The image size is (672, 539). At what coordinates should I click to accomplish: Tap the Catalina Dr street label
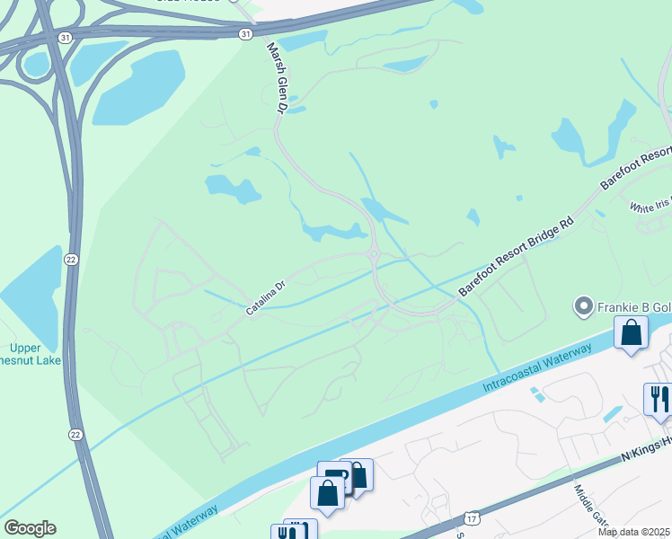265,298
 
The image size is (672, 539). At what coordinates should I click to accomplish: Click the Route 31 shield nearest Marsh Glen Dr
245,33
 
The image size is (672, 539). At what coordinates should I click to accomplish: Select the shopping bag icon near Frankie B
632,333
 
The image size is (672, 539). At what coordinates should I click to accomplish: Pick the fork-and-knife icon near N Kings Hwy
658,398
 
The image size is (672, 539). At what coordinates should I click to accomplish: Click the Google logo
30,528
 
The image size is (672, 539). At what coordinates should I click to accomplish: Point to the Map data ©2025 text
633,532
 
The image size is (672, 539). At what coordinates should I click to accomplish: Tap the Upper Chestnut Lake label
35,354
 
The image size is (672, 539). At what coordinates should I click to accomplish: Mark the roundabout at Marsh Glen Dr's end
373,254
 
